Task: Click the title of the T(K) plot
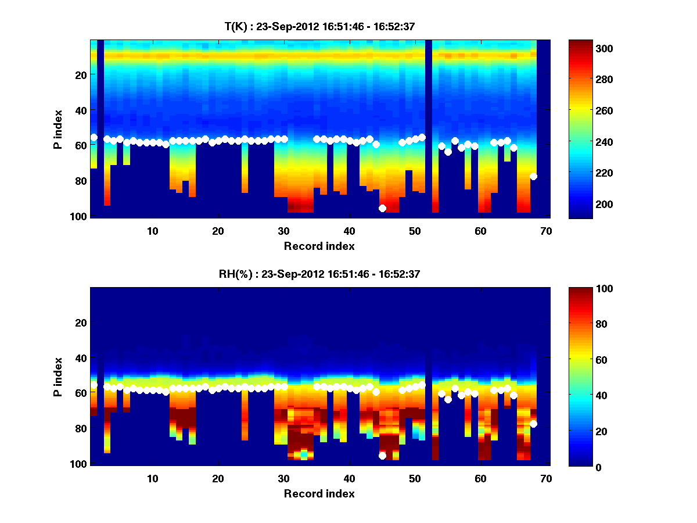point(319,26)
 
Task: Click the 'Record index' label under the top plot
point(319,246)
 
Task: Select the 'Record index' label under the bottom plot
point(319,494)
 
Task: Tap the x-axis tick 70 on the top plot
point(545,231)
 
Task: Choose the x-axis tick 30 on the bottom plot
point(283,479)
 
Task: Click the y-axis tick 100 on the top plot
point(80,216)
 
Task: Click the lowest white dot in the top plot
point(382,208)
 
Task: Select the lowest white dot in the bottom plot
point(382,456)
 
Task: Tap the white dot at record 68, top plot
point(533,176)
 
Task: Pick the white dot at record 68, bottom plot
point(533,424)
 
